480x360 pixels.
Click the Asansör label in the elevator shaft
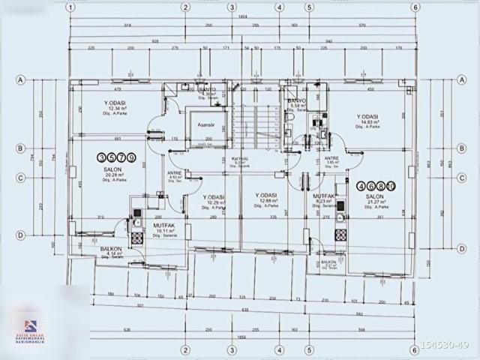pos(196,125)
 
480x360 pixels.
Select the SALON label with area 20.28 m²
pos(113,170)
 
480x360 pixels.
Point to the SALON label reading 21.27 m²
pos(374,196)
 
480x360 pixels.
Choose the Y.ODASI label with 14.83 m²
pos(367,117)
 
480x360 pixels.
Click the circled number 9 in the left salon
pos(132,157)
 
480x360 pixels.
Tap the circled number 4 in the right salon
pos(362,184)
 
